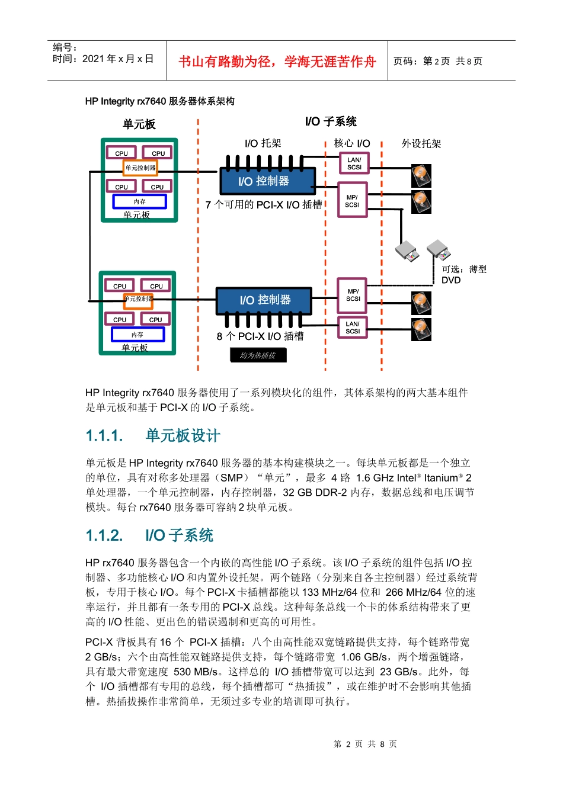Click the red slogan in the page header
277,62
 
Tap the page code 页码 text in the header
438,61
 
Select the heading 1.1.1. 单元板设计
153,436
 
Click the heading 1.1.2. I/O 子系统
149,535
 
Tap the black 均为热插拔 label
258,355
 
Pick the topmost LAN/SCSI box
354,163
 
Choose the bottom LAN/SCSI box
353,328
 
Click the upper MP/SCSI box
352,201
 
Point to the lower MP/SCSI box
353,295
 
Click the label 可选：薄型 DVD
463,274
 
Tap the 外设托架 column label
421,144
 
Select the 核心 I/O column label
351,143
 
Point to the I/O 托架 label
263,143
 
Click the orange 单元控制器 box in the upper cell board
140,168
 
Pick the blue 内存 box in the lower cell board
137,335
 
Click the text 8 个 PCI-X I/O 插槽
260,336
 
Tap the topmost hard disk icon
421,175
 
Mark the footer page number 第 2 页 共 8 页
365,744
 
